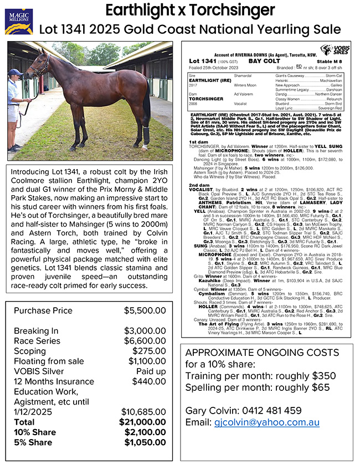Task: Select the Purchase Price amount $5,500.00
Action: pos(145,311)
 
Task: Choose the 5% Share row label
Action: pos(34,442)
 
